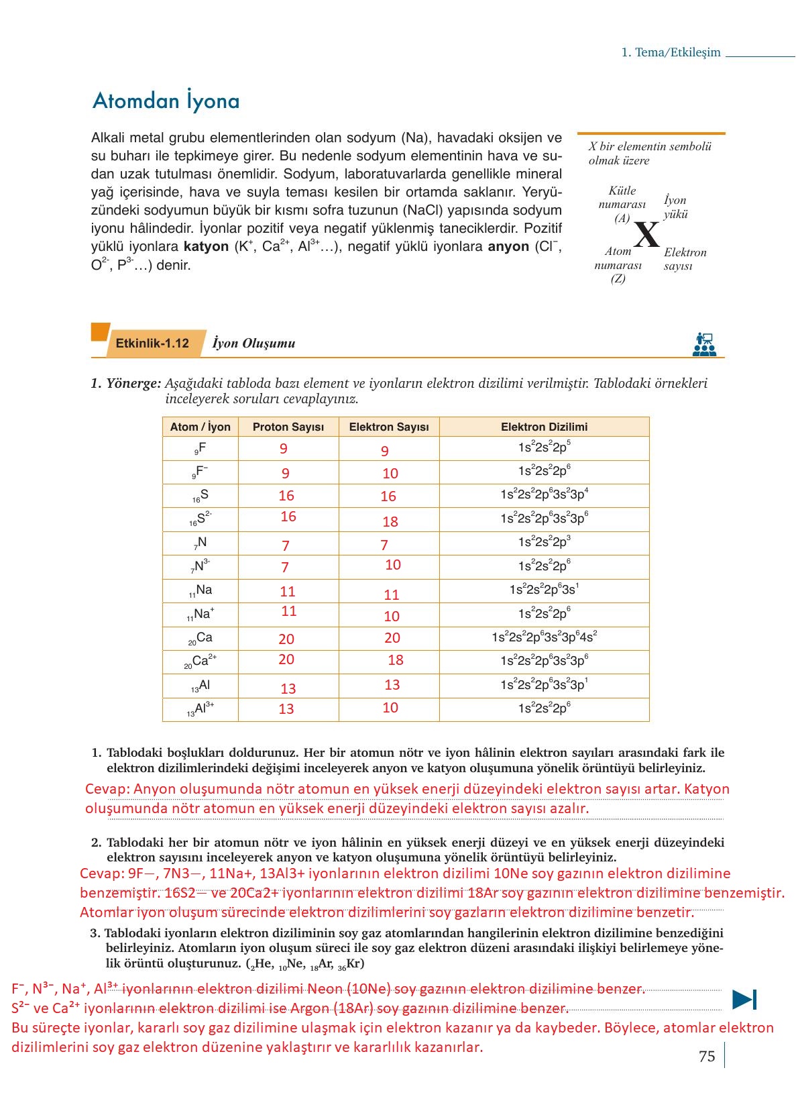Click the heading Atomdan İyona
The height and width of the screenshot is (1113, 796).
166,101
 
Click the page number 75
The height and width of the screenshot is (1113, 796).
707,1056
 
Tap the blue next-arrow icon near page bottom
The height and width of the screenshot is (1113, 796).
744,1000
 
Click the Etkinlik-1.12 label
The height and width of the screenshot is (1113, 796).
152,343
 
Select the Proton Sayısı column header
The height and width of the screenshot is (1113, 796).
288,427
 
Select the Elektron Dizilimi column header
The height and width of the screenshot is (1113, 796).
544,427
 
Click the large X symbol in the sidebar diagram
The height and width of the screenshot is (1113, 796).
646,235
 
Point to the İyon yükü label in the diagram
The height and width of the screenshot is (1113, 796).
675,207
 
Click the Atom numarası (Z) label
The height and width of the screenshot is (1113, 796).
618,265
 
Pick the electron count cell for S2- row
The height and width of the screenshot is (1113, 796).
390,521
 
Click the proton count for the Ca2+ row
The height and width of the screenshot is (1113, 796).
286,659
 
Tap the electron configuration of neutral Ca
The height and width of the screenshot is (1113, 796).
544,637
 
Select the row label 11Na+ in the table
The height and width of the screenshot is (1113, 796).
201,614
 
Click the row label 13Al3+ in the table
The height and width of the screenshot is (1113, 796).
201,709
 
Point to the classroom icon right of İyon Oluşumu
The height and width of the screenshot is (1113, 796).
704,344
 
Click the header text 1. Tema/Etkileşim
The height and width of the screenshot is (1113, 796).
671,52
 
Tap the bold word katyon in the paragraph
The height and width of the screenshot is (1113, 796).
207,247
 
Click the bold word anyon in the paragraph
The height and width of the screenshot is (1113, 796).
508,247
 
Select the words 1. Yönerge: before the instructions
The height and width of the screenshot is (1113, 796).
126,384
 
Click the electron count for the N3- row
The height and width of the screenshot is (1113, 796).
392,565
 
